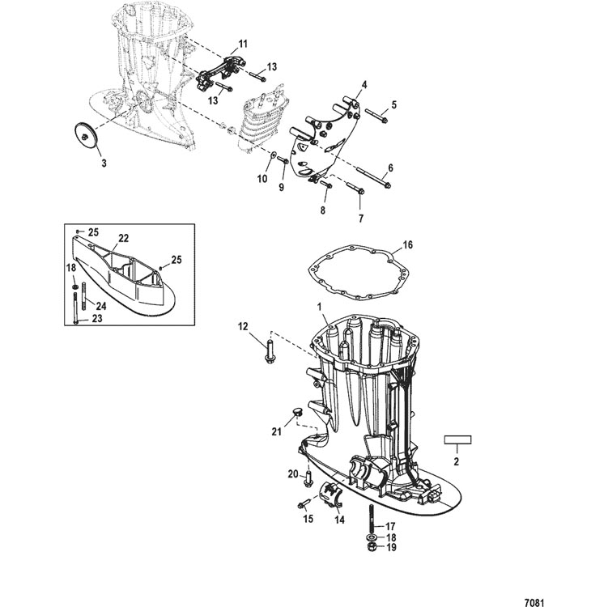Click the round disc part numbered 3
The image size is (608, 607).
(x=86, y=136)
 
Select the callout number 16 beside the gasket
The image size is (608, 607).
(x=407, y=245)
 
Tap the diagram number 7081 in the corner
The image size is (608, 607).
(x=534, y=603)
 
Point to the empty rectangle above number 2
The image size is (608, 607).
(x=457, y=439)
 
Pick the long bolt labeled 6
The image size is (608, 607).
(x=373, y=177)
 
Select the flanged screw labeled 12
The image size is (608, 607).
(x=270, y=352)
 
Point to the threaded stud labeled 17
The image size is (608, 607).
(x=372, y=519)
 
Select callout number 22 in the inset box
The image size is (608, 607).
(x=123, y=239)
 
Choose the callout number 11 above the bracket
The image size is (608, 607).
(x=243, y=44)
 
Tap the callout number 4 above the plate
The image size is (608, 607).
(x=364, y=85)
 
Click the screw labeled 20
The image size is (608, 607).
(x=309, y=478)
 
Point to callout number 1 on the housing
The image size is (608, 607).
(x=321, y=307)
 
